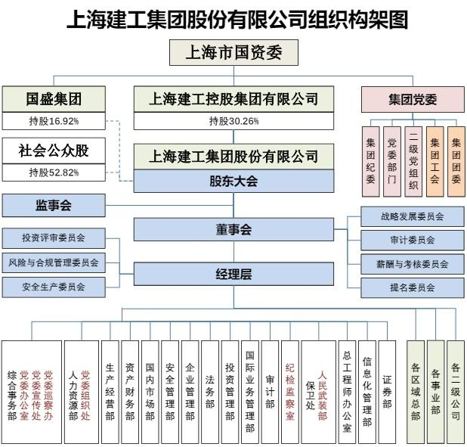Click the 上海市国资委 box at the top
pyautogui.click(x=233, y=52)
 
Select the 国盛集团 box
pyautogui.click(x=54, y=99)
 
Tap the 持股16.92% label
pyautogui.click(x=54, y=121)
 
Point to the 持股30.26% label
pyautogui.click(x=233, y=121)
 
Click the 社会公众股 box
pyautogui.click(x=54, y=151)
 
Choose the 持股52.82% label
pyautogui.click(x=54, y=172)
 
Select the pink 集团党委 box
pyautogui.click(x=413, y=100)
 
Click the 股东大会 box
pyautogui.click(x=233, y=181)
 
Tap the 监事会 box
pyautogui.click(x=54, y=206)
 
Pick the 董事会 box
pyautogui.click(x=233, y=229)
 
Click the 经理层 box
pyautogui.click(x=233, y=274)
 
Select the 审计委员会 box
pyautogui.click(x=413, y=240)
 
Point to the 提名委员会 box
pyautogui.click(x=413, y=287)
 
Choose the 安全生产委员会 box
pyautogui.click(x=54, y=287)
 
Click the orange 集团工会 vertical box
pyautogui.click(x=435, y=162)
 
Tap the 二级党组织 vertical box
pyautogui.click(x=413, y=162)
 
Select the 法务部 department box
pyautogui.click(x=210, y=392)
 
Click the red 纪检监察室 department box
pyautogui.click(x=290, y=392)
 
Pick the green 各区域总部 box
pyautogui.click(x=416, y=392)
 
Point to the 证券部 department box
pyautogui.click(x=387, y=392)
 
